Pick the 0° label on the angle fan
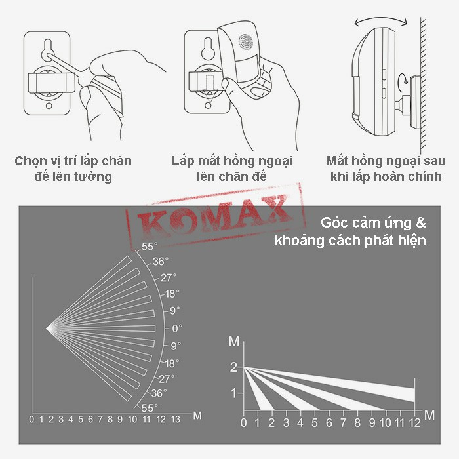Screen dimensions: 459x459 176,328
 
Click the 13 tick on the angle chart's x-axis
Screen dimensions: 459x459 174,419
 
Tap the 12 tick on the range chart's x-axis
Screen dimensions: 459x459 414,423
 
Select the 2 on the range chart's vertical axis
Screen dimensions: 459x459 233,367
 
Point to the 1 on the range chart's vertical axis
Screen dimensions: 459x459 233,393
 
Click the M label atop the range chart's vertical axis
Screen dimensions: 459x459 234,342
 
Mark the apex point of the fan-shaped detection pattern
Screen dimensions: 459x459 47,327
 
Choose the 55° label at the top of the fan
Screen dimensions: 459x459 149,247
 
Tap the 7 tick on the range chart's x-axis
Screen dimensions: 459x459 343,423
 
